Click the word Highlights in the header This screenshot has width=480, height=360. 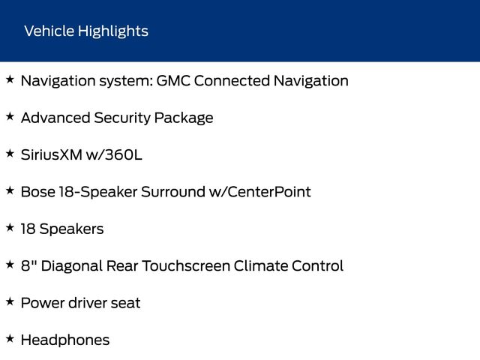(x=113, y=31)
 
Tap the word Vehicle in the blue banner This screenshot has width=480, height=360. (x=49, y=31)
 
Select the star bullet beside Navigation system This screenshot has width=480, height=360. (x=10, y=79)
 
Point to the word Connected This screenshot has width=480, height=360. (x=232, y=81)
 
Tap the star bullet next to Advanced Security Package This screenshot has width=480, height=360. (x=10, y=117)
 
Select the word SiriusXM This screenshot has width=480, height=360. (x=52, y=154)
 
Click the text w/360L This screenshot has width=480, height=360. (x=114, y=154)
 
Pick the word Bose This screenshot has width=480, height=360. (x=38, y=192)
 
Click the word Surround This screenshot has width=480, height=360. (x=173, y=192)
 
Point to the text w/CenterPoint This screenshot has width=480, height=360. (x=260, y=192)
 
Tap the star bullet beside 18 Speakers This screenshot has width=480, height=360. (x=10, y=228)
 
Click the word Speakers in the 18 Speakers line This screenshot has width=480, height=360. (x=72, y=229)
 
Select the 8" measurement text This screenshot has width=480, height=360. (x=28, y=265)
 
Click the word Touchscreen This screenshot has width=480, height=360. (x=186, y=265)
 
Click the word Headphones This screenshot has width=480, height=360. (x=65, y=340)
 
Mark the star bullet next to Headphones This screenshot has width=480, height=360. (x=10, y=339)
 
